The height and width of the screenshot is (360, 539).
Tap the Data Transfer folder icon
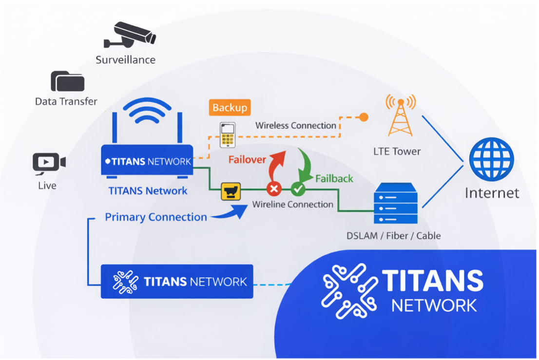[x=67, y=82]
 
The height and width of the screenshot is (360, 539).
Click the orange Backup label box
[x=230, y=108]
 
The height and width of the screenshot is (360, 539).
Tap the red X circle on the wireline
[x=274, y=189]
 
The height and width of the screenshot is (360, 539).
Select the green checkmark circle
[x=298, y=189]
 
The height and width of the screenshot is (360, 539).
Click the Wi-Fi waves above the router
[x=147, y=114]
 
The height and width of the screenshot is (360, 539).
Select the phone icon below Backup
[x=228, y=134]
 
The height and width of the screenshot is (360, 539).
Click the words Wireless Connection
[x=296, y=126]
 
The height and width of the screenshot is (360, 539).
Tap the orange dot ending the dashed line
[x=363, y=117]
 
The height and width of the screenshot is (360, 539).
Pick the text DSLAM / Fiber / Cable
[x=393, y=236]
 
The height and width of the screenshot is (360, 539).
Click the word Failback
[x=334, y=179]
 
